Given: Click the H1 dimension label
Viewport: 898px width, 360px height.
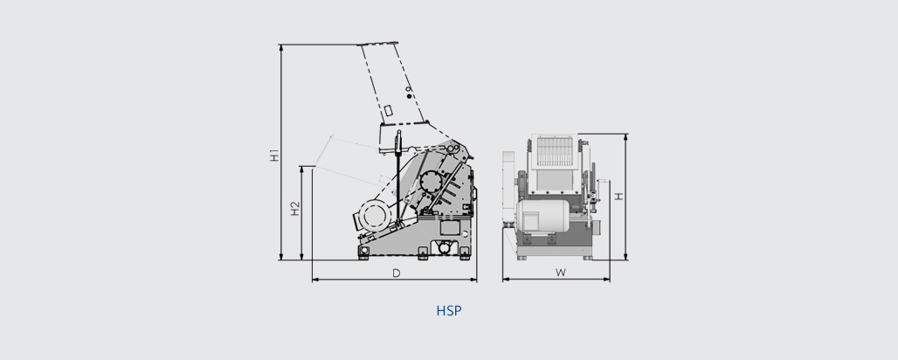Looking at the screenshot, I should pyautogui.click(x=274, y=156).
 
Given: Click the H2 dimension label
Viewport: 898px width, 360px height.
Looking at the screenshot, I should pyautogui.click(x=295, y=210).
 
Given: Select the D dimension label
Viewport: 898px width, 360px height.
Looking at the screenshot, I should pyautogui.click(x=396, y=273).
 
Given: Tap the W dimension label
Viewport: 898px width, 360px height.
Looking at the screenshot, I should pyautogui.click(x=561, y=273).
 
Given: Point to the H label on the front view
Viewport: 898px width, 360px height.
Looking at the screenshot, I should pyautogui.click(x=618, y=197).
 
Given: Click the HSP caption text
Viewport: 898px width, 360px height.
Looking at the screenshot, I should pyautogui.click(x=448, y=310).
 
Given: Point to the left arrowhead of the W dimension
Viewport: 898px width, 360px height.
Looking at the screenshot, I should pyautogui.click(x=505, y=280).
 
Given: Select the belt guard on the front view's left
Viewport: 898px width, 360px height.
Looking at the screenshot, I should pyautogui.click(x=510, y=188).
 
